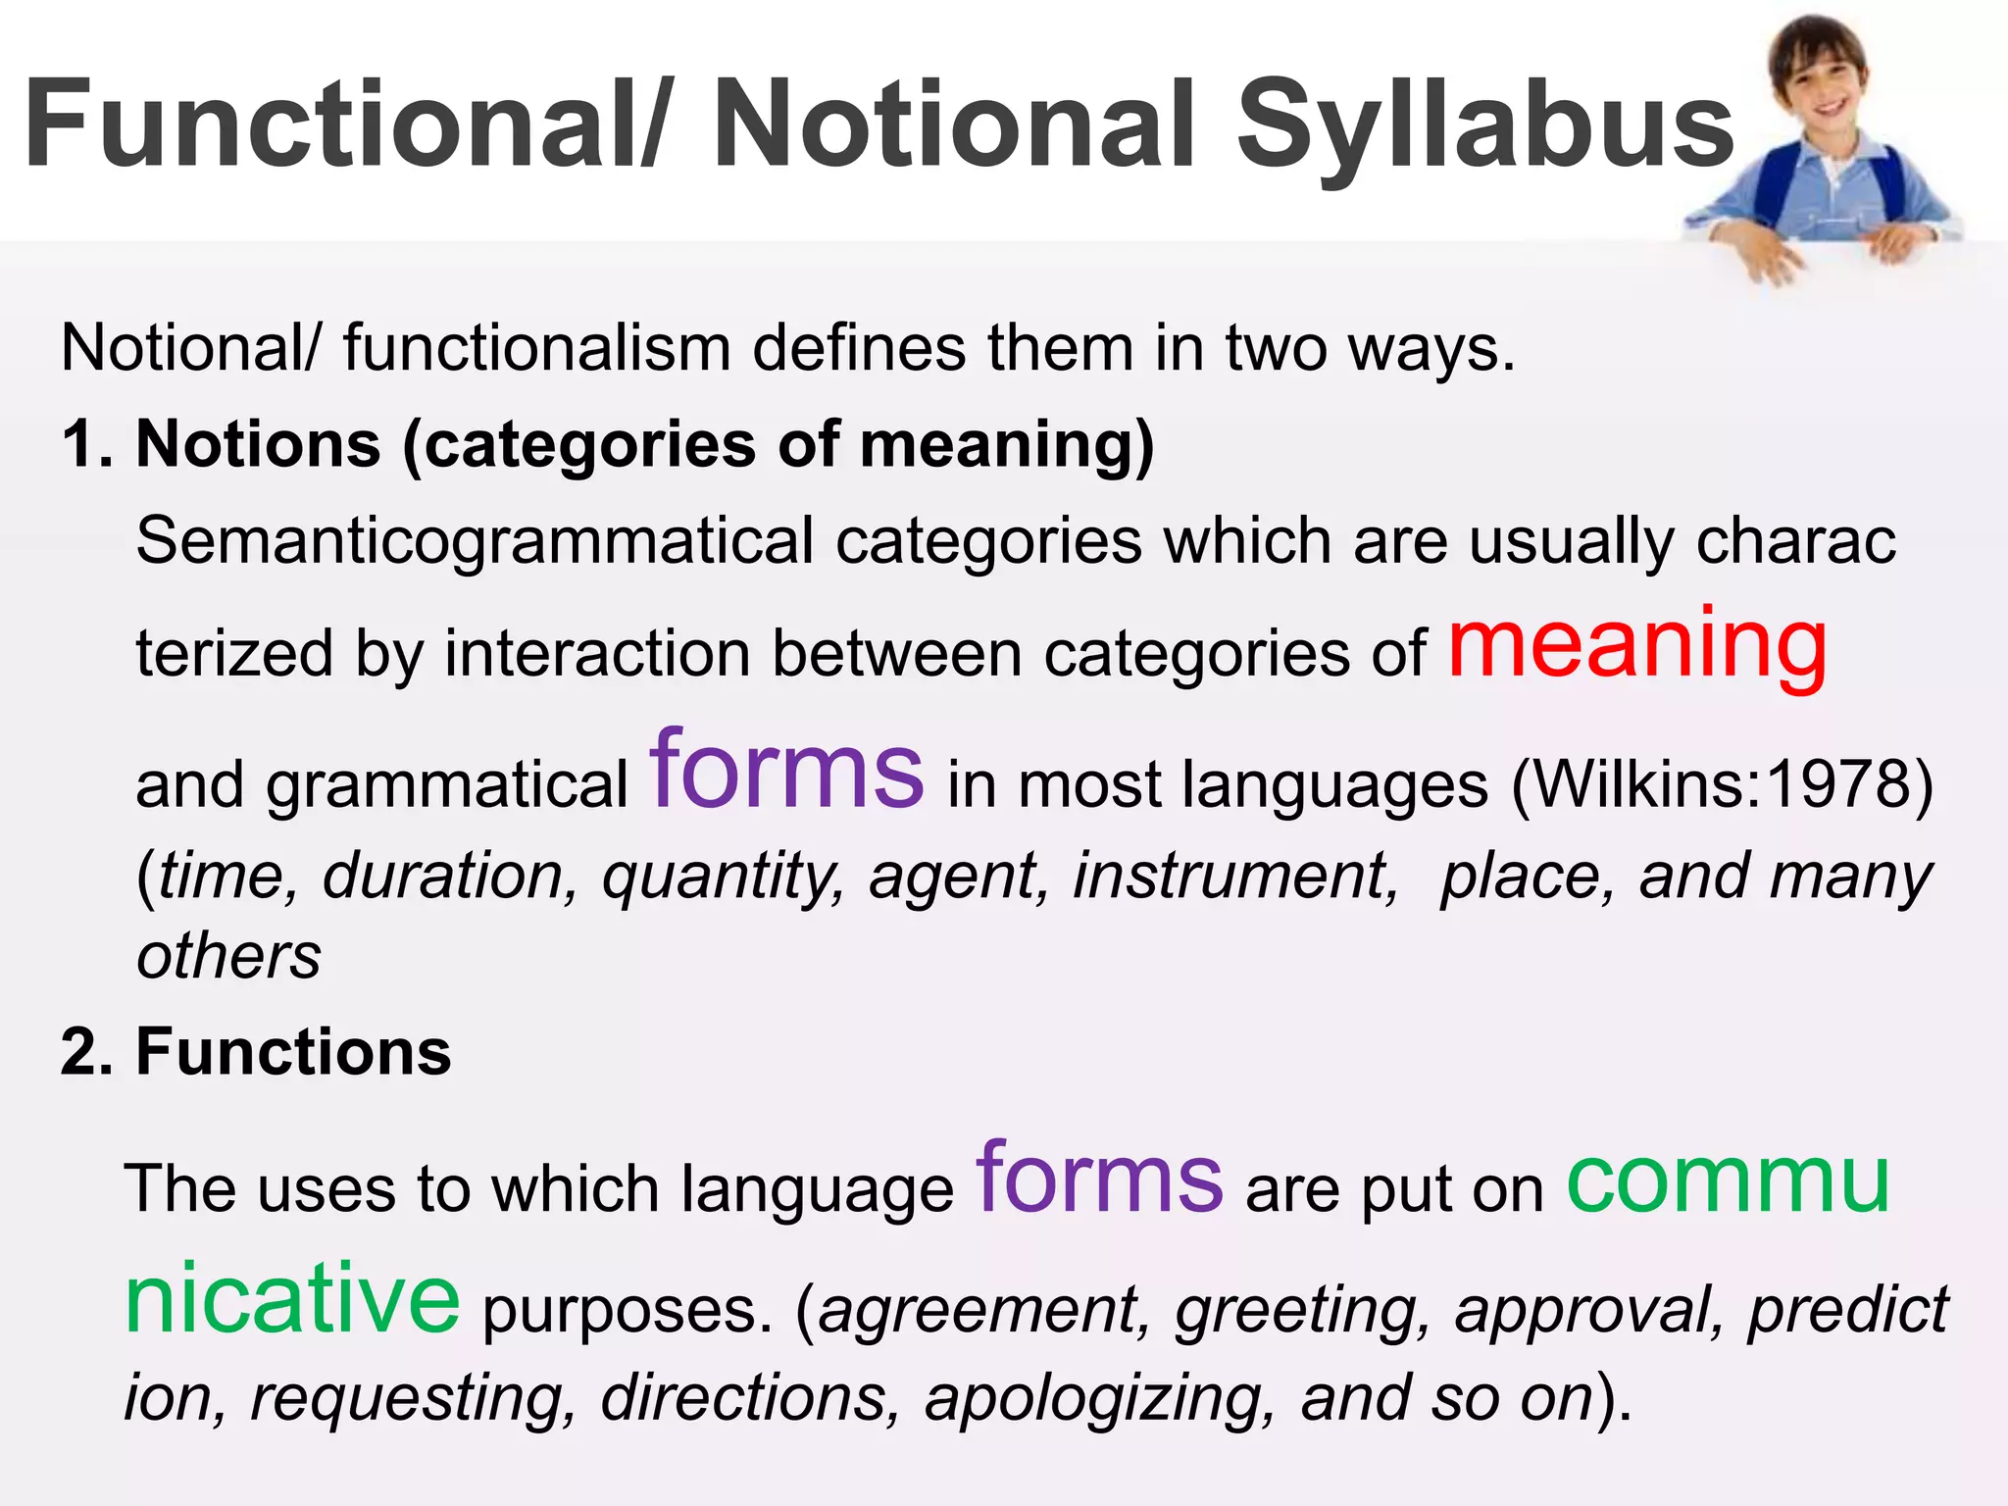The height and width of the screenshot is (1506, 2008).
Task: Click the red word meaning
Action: tap(1637, 645)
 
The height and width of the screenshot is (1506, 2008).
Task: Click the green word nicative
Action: tap(292, 1298)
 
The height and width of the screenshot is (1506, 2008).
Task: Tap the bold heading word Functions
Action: tap(293, 1052)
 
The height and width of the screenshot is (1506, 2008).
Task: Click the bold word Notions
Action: tap(258, 444)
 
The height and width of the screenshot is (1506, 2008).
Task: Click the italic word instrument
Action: tap(1234, 876)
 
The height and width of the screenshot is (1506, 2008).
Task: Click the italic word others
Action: tap(228, 956)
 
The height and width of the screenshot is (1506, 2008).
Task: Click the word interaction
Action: tap(597, 654)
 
